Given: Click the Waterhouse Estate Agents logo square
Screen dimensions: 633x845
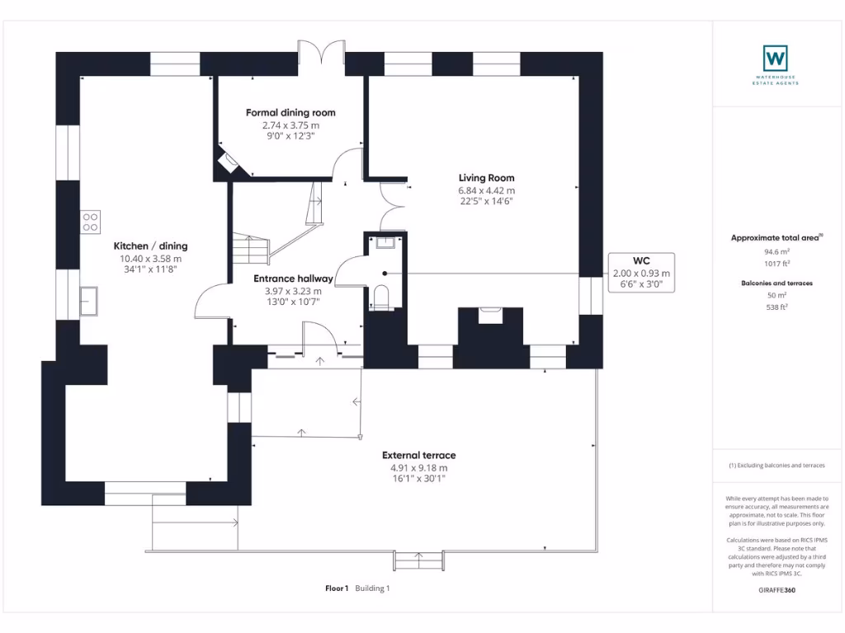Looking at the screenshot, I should coord(775,59).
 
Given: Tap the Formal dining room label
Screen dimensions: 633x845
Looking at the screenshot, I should coord(290,113).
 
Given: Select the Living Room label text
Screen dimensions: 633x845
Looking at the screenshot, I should coord(486,178).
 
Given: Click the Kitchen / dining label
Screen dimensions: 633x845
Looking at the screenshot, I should coord(150,246).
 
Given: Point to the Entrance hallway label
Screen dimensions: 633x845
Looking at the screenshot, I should coord(293,279).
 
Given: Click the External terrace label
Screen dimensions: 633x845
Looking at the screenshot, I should coord(418,455).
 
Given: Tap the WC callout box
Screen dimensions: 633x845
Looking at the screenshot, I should coord(641,273).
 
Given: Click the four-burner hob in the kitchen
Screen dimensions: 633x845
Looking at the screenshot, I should coord(90,222).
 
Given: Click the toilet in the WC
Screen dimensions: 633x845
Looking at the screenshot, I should coord(380,297).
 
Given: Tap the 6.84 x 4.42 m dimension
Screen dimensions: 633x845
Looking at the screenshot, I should coord(486,190).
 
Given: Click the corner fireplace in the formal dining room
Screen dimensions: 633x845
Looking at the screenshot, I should coord(227,162).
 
